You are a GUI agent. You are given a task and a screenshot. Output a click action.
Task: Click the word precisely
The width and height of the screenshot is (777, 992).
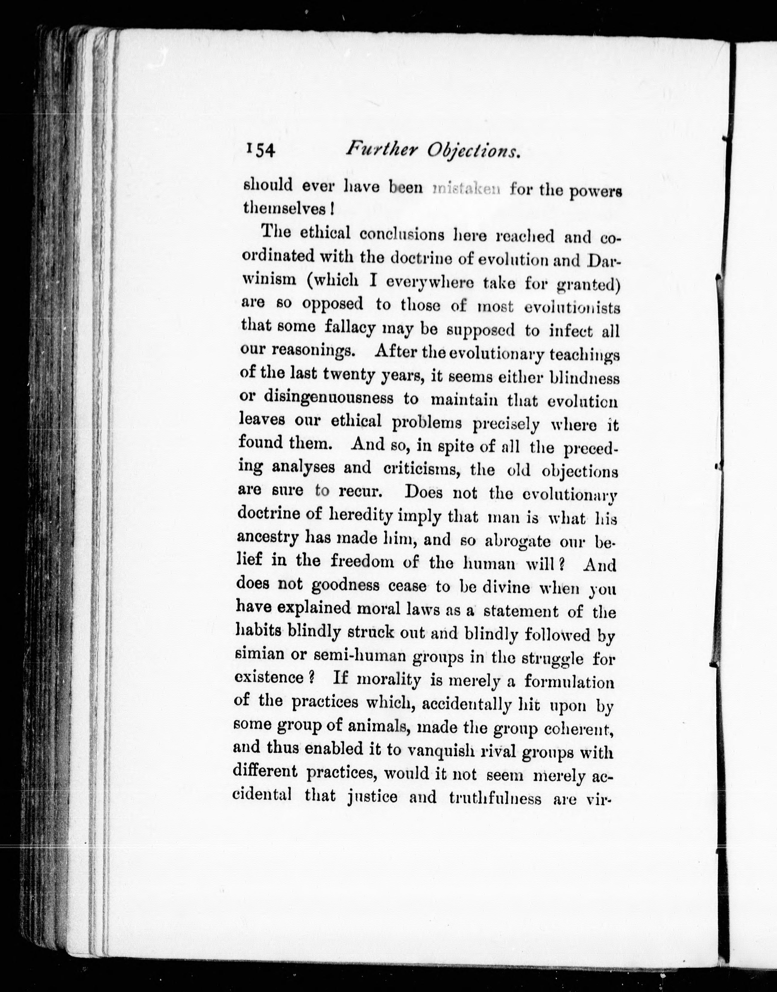(506, 424)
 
